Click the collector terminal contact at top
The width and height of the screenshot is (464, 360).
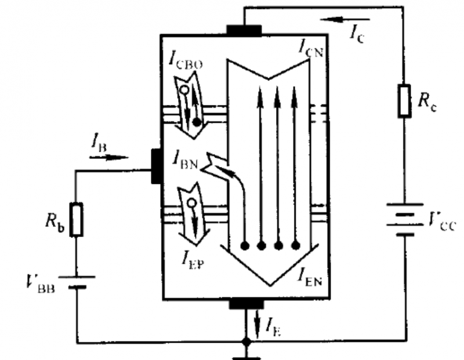244,30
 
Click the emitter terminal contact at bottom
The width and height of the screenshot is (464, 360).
246,304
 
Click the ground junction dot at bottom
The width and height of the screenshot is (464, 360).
246,342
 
